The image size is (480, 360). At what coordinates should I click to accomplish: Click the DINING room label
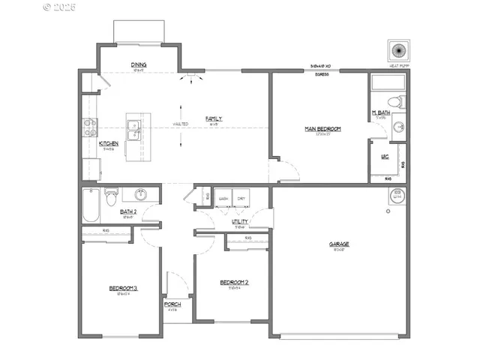(138, 65)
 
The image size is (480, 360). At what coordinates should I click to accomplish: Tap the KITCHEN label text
(109, 143)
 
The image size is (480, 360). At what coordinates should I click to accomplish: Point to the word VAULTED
(181, 124)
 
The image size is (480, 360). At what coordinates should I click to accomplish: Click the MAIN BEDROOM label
(322, 129)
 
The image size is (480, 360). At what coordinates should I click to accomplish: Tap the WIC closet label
(384, 157)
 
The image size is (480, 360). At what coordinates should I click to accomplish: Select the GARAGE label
(339, 244)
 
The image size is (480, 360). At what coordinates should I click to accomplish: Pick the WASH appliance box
(223, 199)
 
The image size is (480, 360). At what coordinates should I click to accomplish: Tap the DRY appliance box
(241, 199)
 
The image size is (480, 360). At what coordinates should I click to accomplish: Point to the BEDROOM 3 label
(123, 288)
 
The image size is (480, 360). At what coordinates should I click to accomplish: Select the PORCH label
(172, 304)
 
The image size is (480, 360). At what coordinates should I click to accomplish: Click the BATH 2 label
(129, 212)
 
